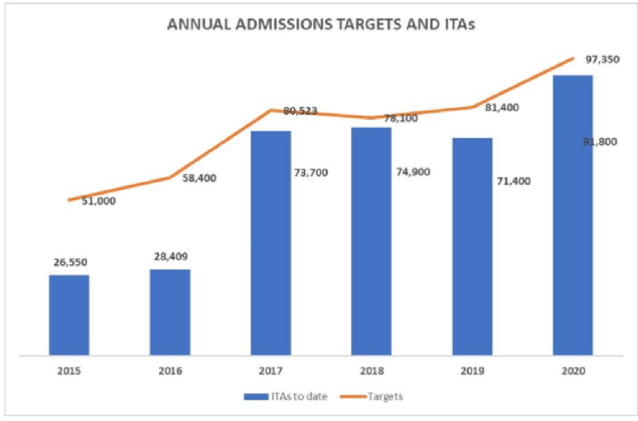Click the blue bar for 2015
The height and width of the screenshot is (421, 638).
click(69, 315)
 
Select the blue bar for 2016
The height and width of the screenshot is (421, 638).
click(170, 313)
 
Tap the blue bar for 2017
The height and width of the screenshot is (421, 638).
click(271, 243)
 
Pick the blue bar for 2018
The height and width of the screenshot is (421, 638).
click(371, 242)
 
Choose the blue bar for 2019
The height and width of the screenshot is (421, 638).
click(472, 247)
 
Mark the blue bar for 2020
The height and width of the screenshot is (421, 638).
click(573, 215)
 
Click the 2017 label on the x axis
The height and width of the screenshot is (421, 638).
click(271, 371)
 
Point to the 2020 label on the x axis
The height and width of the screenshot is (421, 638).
click(573, 371)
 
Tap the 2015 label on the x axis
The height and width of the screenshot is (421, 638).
click(69, 371)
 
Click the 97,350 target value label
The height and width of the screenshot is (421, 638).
click(603, 60)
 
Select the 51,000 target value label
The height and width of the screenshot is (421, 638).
click(99, 201)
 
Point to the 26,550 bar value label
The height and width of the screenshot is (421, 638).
click(70, 262)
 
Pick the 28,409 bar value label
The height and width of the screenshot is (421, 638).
click(171, 257)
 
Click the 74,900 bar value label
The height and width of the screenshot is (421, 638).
click(413, 172)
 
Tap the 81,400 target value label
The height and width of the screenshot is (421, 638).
click(502, 108)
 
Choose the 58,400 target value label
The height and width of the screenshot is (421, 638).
click(199, 178)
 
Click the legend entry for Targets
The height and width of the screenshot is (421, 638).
click(371, 397)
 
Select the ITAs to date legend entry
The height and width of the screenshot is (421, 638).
click(286, 397)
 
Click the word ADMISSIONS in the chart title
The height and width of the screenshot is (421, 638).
click(284, 24)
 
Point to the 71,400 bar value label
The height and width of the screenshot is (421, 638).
click(513, 181)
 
